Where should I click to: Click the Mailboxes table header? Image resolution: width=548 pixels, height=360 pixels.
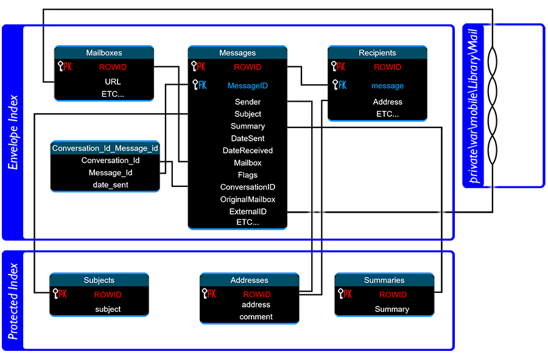[104, 53]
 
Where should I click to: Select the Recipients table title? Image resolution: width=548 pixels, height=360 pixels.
[378, 53]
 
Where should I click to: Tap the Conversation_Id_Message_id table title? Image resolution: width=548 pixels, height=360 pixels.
[105, 148]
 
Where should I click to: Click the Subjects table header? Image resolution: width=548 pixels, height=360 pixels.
[99, 280]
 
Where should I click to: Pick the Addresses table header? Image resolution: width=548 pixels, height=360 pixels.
[249, 280]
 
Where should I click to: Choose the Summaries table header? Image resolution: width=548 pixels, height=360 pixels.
[384, 280]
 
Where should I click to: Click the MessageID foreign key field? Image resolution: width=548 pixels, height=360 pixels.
[247, 86]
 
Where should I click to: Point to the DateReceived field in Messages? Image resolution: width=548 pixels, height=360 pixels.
[247, 150]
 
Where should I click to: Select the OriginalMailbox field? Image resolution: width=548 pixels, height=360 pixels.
[247, 199]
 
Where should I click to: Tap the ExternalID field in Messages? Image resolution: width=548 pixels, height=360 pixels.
[247, 211]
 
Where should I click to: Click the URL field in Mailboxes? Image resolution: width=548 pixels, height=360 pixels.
[113, 81]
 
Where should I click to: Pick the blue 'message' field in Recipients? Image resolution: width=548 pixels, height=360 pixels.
[387, 86]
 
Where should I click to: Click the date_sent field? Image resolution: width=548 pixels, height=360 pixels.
[110, 185]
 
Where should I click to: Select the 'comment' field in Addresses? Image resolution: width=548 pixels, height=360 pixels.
[256, 317]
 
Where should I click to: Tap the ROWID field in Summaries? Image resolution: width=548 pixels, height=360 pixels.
[393, 295]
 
